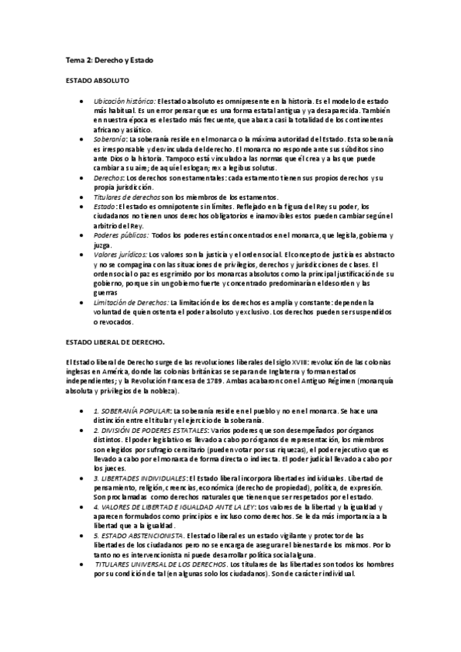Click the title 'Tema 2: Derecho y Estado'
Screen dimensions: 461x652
[108, 58]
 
